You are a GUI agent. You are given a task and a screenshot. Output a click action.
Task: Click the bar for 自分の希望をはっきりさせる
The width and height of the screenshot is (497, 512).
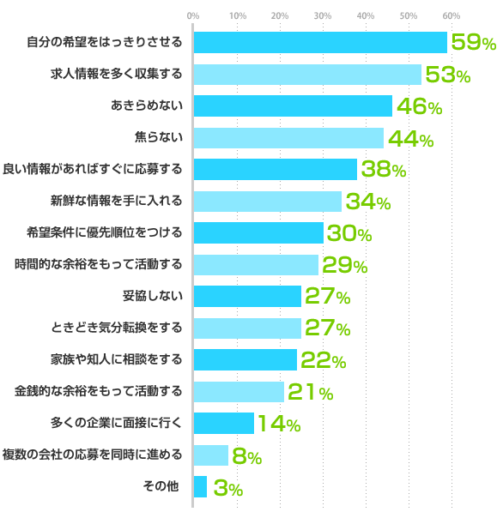(320, 42)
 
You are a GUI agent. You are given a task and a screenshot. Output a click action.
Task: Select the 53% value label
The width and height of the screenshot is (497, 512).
(447, 75)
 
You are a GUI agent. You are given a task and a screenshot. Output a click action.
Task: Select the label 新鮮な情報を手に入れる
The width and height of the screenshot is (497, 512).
(117, 202)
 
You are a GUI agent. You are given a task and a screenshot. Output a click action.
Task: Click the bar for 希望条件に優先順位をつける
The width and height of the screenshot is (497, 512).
(258, 233)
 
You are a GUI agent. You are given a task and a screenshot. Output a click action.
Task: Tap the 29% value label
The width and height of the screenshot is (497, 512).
(344, 265)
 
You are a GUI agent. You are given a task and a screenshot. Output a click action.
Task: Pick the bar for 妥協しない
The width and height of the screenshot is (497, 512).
(247, 297)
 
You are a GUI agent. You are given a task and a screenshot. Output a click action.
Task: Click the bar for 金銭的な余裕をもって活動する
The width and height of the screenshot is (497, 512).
(239, 392)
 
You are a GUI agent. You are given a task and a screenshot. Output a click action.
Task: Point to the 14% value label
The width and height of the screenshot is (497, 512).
(278, 424)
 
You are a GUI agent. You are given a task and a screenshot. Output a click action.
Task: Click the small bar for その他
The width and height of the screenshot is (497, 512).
(200, 486)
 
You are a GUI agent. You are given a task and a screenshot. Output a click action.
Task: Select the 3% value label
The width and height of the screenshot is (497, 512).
(227, 488)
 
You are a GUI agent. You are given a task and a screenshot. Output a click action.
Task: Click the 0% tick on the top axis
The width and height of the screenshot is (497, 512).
(193, 15)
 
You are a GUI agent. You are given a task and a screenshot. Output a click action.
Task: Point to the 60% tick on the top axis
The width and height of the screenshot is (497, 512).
(452, 15)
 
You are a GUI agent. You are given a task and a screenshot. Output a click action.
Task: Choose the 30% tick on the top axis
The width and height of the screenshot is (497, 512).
(322, 15)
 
